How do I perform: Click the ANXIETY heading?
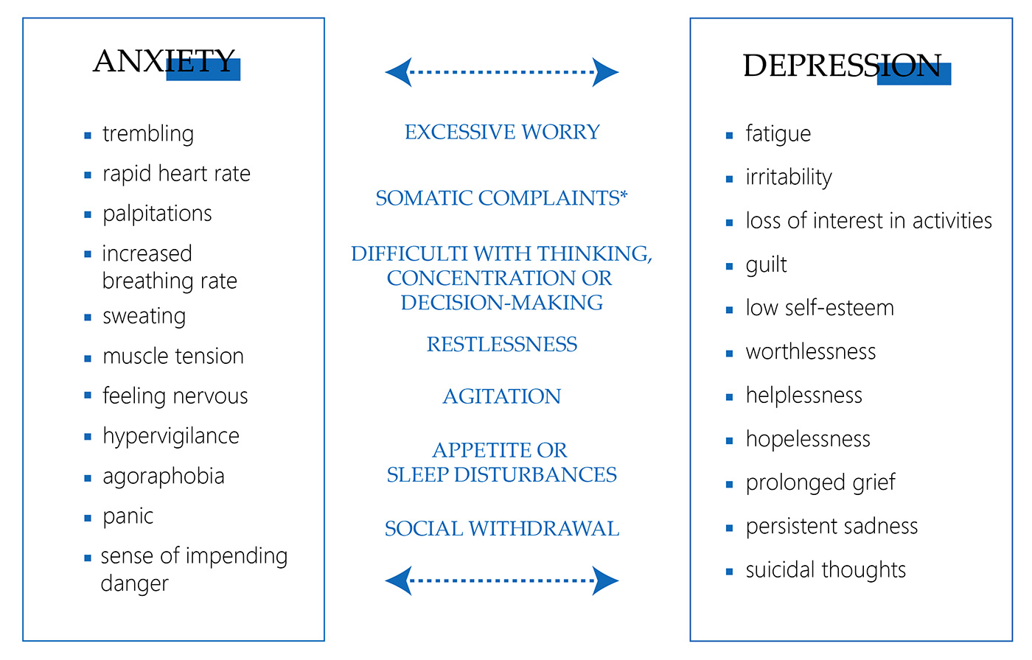(164, 61)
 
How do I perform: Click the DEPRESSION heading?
(842, 66)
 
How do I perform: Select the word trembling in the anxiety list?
(148, 134)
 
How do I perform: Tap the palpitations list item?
(157, 214)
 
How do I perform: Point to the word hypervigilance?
(171, 436)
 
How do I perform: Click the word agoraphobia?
(164, 477)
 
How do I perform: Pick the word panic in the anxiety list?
(128, 516)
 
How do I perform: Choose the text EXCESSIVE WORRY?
(502, 132)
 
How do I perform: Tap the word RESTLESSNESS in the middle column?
(502, 344)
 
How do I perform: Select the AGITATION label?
(502, 396)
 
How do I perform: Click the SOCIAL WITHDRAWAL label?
(502, 529)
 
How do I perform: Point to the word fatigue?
(778, 134)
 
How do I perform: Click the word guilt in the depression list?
(767, 265)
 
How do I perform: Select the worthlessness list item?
(811, 352)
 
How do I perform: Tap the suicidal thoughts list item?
(826, 570)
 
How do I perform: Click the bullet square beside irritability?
(729, 179)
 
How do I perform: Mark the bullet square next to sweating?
(88, 317)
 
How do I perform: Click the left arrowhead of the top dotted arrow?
(397, 72)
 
